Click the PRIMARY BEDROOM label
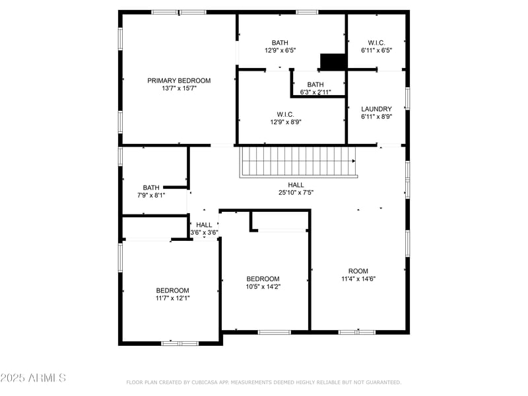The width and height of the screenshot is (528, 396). pos(179,81)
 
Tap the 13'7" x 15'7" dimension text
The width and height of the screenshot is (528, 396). pos(179,88)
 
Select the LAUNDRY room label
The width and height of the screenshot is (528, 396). pos(376,109)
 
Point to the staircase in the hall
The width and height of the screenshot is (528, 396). pos(297,162)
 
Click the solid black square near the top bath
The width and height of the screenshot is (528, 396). pos(333,61)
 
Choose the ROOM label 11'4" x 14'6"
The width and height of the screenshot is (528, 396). pos(358,271)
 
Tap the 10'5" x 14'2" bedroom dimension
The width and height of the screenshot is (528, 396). pos(263,286)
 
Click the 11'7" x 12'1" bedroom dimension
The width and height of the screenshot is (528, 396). pos(172,298)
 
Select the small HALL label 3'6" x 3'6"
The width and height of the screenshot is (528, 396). pos(204,225)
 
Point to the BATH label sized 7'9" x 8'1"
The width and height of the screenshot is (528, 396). pos(151,187)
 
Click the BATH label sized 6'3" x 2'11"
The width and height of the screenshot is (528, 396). pos(315,84)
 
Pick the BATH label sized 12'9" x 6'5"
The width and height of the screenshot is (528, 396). pos(280,42)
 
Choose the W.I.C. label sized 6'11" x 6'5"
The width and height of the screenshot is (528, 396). pos(376,42)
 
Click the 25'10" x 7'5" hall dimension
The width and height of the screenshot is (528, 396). pos(296,193)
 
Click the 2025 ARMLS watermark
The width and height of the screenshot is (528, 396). pos(33,378)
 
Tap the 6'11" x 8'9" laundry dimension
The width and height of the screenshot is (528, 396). pos(376,117)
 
